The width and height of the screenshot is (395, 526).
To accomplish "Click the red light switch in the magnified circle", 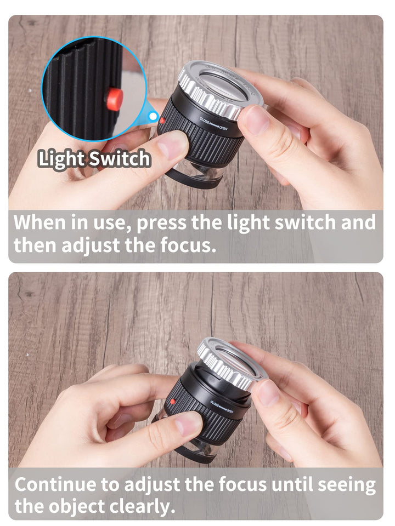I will (115, 99).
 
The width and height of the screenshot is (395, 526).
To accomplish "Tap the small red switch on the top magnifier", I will (162, 119).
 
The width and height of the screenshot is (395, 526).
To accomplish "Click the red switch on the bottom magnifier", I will (172, 402).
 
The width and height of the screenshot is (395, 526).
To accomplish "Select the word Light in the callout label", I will (61, 159).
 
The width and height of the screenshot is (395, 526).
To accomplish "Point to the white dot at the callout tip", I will (153, 116).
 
